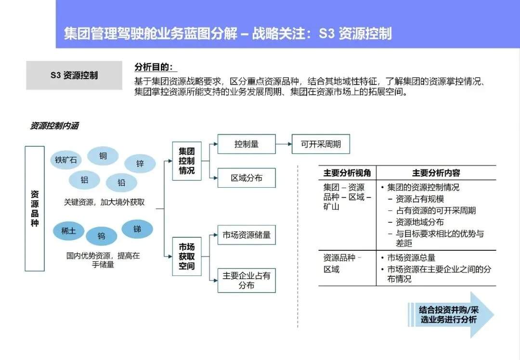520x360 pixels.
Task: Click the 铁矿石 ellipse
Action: click(x=66, y=160)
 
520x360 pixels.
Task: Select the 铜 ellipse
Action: click(x=103, y=156)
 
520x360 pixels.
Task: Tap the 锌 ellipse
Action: click(x=140, y=164)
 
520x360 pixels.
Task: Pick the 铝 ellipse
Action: click(x=84, y=180)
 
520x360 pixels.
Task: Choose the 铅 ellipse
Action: click(x=121, y=183)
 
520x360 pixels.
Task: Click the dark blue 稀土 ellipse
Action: click(x=68, y=231)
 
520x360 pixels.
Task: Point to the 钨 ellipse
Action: click(x=102, y=236)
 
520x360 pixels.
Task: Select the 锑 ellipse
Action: click(x=137, y=229)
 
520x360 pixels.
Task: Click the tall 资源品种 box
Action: click(x=35, y=208)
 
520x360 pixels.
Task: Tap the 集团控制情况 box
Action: click(x=186, y=161)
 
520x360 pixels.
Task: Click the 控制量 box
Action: click(x=247, y=144)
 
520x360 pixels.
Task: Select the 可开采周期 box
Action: click(x=321, y=144)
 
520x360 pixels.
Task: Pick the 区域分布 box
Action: click(x=247, y=178)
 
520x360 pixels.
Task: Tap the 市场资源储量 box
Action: click(x=247, y=235)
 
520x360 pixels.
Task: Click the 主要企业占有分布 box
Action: click(x=247, y=280)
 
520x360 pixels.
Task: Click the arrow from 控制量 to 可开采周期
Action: click(x=284, y=144)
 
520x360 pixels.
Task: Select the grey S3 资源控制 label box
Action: click(x=74, y=76)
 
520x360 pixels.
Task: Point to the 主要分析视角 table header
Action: click(x=347, y=173)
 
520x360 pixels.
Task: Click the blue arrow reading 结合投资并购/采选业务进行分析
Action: click(x=450, y=315)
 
